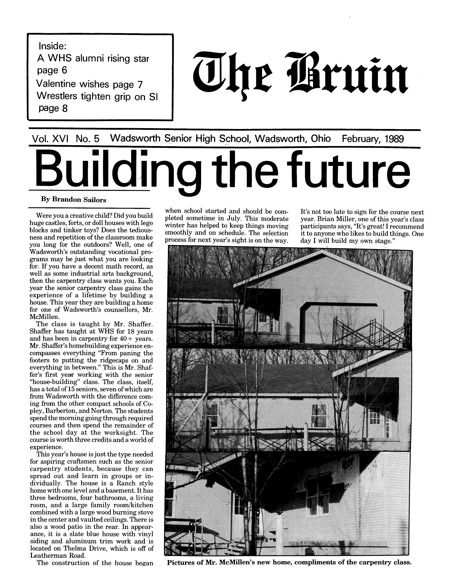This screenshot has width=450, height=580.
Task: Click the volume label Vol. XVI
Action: tap(50, 139)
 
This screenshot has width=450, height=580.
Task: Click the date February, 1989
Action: tap(373, 139)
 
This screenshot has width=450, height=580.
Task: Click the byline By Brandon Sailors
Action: tap(73, 200)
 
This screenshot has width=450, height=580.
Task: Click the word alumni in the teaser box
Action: tap(90, 58)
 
